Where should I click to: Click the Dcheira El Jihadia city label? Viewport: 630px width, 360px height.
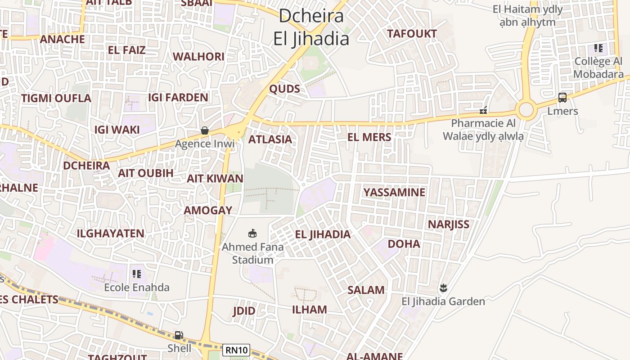click(x=311, y=27)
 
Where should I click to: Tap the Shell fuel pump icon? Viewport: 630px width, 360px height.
click(x=179, y=335)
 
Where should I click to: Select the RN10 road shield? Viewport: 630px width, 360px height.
click(x=236, y=350)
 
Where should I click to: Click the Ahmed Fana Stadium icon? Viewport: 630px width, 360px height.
click(x=253, y=233)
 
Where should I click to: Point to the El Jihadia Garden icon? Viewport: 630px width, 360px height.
click(x=444, y=288)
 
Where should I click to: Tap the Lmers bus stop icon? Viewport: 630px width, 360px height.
click(x=562, y=97)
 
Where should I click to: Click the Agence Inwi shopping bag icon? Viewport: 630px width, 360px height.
click(x=205, y=130)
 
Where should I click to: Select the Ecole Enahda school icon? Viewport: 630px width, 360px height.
click(x=137, y=274)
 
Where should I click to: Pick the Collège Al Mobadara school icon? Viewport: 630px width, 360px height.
click(x=598, y=48)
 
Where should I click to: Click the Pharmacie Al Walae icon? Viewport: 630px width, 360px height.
click(x=483, y=110)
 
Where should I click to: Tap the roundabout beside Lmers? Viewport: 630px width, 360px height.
click(x=526, y=109)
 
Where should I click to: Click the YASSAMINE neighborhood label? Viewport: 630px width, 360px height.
click(x=394, y=193)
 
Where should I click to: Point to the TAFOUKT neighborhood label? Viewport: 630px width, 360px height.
click(x=412, y=34)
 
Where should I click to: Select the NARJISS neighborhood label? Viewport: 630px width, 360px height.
click(x=448, y=224)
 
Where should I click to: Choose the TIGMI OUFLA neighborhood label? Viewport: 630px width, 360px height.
click(x=56, y=98)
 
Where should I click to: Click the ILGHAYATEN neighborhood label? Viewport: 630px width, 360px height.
click(x=110, y=234)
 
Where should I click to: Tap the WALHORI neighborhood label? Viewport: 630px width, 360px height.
click(x=198, y=57)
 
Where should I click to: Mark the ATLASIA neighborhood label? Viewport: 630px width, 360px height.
click(x=270, y=139)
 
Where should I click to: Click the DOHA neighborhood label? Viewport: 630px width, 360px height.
click(x=404, y=244)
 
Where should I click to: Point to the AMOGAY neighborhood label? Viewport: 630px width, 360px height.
click(x=208, y=210)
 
